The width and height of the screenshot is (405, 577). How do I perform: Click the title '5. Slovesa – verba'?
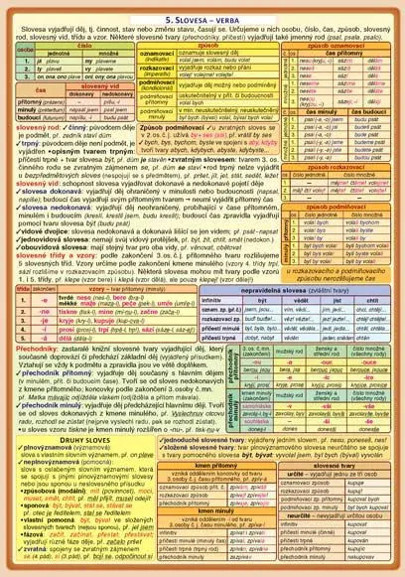coord(202,17)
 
